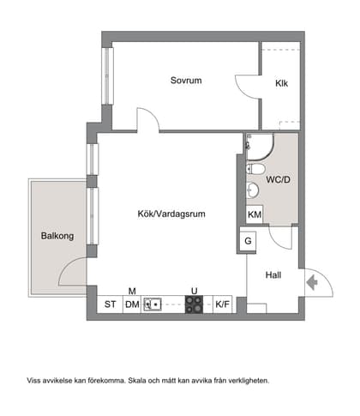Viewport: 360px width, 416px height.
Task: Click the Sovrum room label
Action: coord(185,81)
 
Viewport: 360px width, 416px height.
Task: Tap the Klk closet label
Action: coord(281,84)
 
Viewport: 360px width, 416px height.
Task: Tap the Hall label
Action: coord(273,276)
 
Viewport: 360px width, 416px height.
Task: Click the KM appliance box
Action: coord(255,214)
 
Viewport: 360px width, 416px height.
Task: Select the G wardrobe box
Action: coord(249,241)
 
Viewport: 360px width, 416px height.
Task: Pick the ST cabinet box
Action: coord(110,304)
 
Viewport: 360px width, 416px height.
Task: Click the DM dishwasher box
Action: coord(132,304)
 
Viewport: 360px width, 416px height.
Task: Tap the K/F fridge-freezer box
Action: coord(222,304)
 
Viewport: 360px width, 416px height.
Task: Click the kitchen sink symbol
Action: coord(153,303)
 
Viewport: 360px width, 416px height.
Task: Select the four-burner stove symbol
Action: coord(195,303)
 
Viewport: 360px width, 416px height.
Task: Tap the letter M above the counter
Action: coord(132,290)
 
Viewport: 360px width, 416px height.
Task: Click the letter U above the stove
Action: coord(195,290)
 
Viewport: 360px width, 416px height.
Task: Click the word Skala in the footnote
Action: coord(151,379)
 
